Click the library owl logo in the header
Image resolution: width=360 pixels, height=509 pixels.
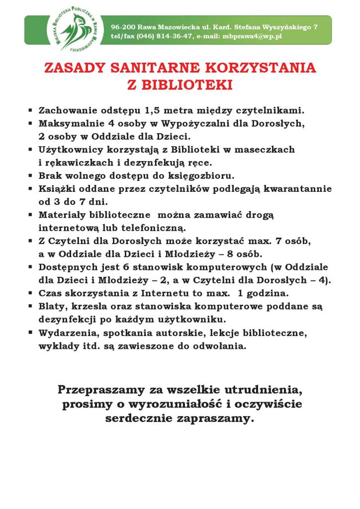[x=72, y=30]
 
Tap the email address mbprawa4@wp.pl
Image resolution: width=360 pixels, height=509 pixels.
[x=252, y=36]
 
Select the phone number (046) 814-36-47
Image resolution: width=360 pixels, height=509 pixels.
[x=165, y=36]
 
